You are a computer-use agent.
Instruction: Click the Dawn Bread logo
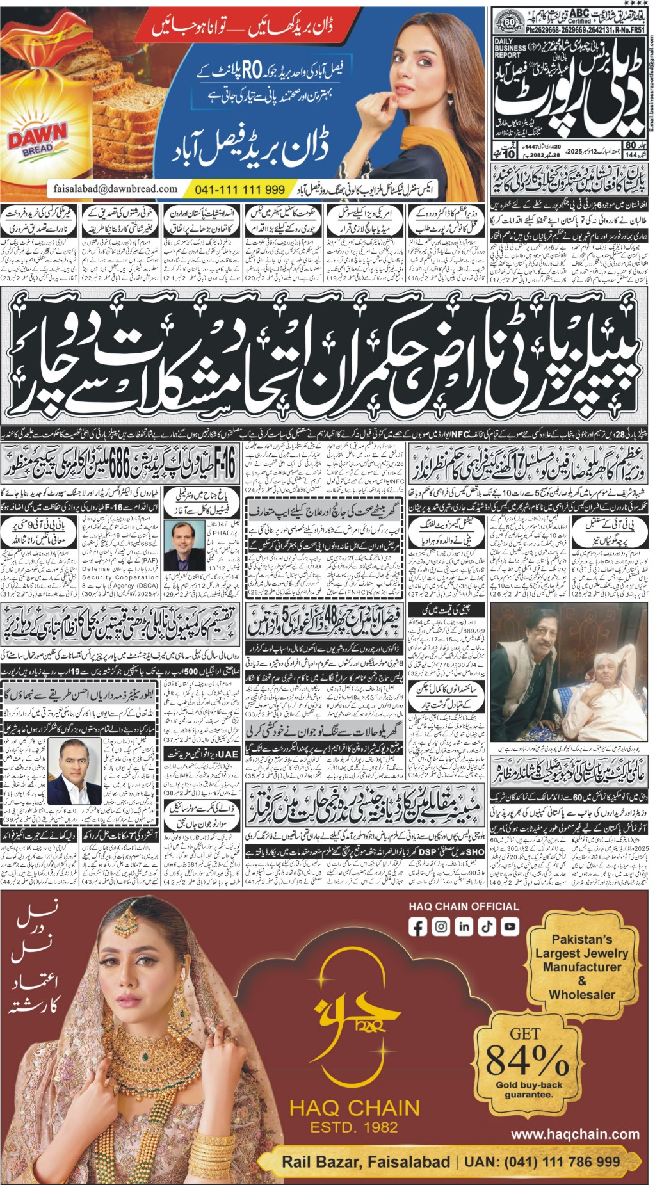[37, 138]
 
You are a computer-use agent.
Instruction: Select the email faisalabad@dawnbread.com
[115, 189]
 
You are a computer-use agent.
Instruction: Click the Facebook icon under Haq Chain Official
[417, 926]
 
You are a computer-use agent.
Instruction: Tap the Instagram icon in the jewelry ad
[441, 926]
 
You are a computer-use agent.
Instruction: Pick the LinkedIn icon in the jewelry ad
[464, 926]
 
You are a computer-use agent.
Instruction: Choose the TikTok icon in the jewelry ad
[487, 926]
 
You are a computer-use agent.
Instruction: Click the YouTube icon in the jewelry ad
[510, 926]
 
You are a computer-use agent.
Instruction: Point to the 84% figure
[527, 1060]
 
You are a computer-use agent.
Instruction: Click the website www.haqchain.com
[575, 1134]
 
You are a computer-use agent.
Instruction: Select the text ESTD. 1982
[354, 1127]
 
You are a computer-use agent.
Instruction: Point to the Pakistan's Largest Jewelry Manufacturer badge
[581, 967]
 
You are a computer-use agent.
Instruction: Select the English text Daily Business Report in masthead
[510, 48]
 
